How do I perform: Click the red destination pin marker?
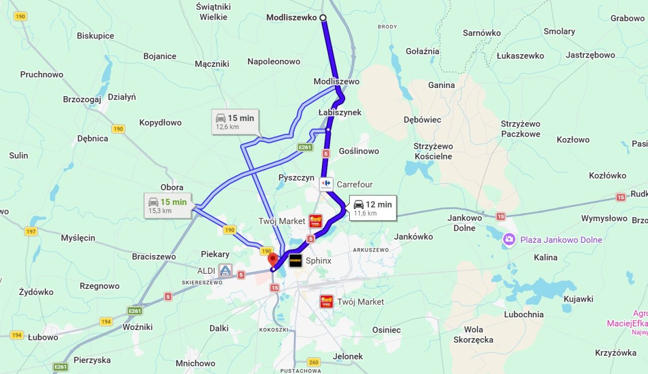pos(273,260)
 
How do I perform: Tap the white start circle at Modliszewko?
pos(323,18)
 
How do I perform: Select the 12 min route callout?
pos(372,207)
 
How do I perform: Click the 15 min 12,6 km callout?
pos(235,121)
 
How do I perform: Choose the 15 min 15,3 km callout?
pos(167,205)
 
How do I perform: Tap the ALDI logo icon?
pos(225,271)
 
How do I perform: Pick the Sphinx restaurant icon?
pos(296,261)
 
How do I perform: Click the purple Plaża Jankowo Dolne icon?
pos(509,239)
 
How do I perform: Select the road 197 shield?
pos(31,231)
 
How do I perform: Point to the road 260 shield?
pos(314,362)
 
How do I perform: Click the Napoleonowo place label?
pos(274,62)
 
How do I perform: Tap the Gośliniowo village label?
pos(358,151)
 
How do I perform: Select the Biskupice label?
pos(95,36)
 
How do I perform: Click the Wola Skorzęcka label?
pos(473,335)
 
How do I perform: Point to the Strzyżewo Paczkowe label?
pos(520,129)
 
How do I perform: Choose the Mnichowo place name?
pos(195,363)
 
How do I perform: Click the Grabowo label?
pos(627,18)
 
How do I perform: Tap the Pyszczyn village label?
pos(297,178)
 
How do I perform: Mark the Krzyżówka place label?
pos(616,353)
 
